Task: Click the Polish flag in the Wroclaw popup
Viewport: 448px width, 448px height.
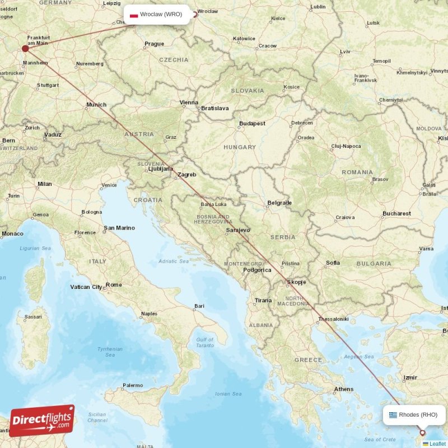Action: click(x=134, y=15)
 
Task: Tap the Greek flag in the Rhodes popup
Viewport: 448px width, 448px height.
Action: click(x=393, y=415)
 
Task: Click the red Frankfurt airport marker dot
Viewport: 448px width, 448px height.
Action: click(x=25, y=48)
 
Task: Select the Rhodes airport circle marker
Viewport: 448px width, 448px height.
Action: click(x=422, y=432)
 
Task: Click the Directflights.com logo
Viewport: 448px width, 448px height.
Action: click(x=42, y=421)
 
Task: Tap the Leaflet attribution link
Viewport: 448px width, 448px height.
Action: click(x=437, y=444)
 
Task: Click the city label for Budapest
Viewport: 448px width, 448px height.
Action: click(x=252, y=123)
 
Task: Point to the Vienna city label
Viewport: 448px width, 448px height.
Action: click(x=189, y=102)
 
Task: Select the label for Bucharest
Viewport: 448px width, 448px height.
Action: click(x=396, y=213)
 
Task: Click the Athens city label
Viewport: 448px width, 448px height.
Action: click(x=343, y=389)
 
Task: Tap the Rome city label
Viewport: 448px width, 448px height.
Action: click(x=114, y=285)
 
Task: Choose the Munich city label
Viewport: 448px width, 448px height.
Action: click(x=96, y=105)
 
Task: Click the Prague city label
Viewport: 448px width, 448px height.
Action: click(x=154, y=44)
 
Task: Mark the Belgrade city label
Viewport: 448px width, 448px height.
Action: click(x=279, y=203)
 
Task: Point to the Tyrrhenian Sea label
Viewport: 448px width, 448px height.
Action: click(x=110, y=352)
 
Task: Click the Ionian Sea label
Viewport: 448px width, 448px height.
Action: click(x=228, y=394)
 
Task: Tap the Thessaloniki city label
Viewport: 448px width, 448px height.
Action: click(x=333, y=319)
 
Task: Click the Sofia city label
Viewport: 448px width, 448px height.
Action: click(x=333, y=263)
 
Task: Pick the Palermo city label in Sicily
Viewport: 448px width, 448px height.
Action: click(x=133, y=385)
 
